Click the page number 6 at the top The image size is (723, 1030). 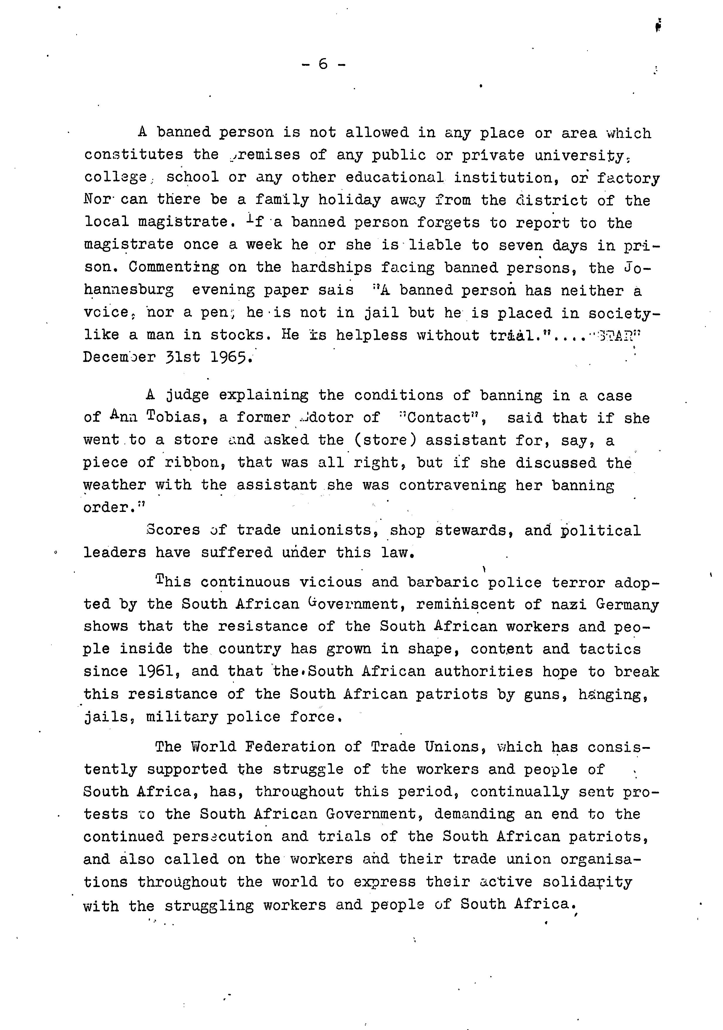[x=323, y=64]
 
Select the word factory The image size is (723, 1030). [x=628, y=178]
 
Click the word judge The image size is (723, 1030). [x=187, y=395]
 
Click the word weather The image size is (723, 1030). [x=115, y=485]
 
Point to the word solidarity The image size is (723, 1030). [x=587, y=882]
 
